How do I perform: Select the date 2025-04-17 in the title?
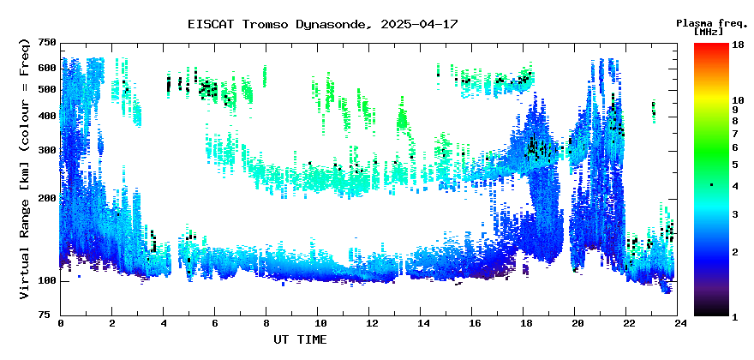click(419, 24)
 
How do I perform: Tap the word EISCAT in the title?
click(211, 24)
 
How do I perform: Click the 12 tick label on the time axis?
click(368, 323)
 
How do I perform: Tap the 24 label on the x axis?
click(677, 323)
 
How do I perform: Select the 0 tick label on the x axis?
click(61, 323)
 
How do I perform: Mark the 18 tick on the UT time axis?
click(524, 323)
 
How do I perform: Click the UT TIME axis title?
click(300, 339)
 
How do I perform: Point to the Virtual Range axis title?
click(25, 169)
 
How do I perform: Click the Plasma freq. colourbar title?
click(712, 23)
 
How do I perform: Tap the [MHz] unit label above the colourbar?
click(709, 32)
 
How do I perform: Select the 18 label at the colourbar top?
click(738, 45)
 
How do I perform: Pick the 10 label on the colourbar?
click(738, 100)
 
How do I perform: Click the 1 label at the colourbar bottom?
click(735, 317)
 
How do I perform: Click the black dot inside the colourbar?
click(711, 185)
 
